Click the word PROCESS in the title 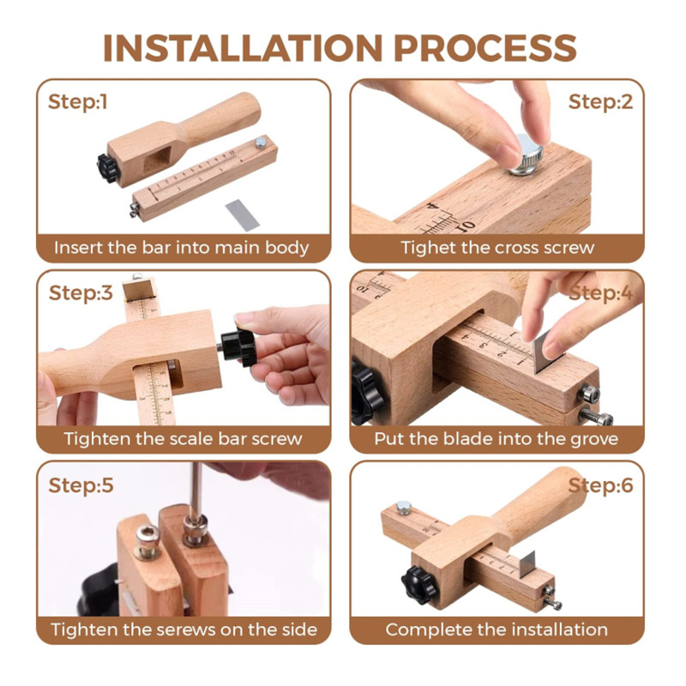(x=485, y=48)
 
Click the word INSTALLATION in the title (x=243, y=48)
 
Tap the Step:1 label (x=77, y=102)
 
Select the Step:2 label (x=600, y=102)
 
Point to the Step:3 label (x=81, y=292)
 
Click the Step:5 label (x=81, y=485)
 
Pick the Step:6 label (x=600, y=485)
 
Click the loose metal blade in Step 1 (x=243, y=214)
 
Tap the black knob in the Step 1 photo (x=107, y=168)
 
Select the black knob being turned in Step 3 (x=238, y=347)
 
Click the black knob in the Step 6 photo (x=418, y=585)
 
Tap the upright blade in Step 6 (x=527, y=563)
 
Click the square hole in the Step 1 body (x=158, y=160)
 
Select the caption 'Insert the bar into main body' (x=182, y=248)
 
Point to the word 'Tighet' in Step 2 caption (x=428, y=248)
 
